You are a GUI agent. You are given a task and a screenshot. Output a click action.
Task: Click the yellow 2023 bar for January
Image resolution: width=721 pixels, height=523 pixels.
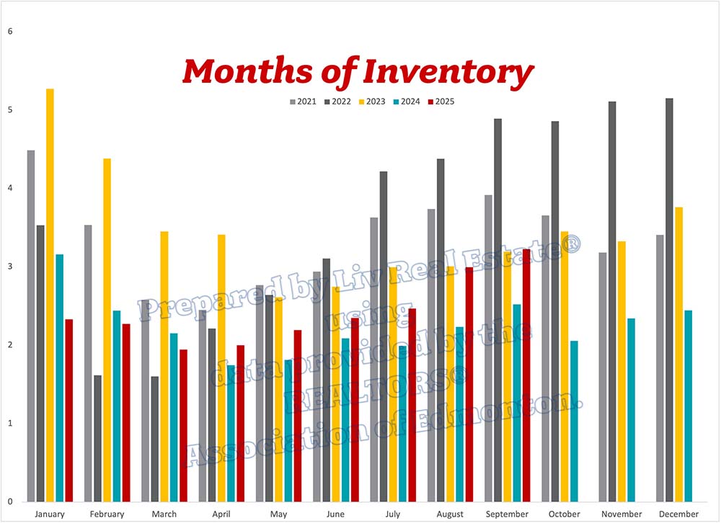click(50, 295)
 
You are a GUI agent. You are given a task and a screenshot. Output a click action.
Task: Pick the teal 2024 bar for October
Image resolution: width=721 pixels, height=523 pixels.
click(574, 421)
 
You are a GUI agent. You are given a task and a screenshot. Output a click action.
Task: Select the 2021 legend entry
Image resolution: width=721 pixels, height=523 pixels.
click(302, 102)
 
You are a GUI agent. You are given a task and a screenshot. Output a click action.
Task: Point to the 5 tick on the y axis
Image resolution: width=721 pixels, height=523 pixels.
click(10, 110)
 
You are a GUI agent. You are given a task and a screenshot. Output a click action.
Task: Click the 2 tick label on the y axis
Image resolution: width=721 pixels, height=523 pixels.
click(10, 345)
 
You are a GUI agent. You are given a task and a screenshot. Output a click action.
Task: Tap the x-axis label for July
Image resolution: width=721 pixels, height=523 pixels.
click(392, 514)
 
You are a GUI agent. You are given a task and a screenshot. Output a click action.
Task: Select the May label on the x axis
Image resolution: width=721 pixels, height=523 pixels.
click(278, 514)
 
